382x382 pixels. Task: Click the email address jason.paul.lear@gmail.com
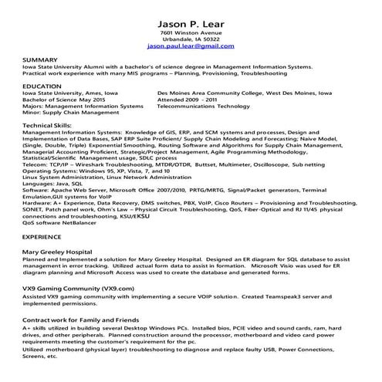click(190, 46)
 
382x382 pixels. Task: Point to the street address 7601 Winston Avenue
click(190, 32)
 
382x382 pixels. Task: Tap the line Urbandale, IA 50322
click(190, 39)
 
